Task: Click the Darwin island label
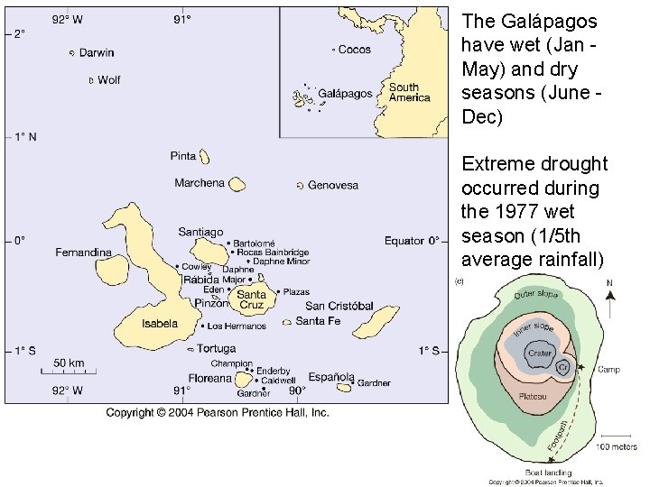coord(97,53)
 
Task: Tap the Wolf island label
coord(108,80)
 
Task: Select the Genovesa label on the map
coord(333,185)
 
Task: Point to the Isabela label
coord(160,324)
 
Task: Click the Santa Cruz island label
coord(252,299)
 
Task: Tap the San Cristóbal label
coord(339,306)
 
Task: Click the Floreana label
coord(210,379)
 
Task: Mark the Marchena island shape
coord(237,184)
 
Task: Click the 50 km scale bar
coord(69,370)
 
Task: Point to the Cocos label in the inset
coord(354,50)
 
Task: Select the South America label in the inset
coord(409,93)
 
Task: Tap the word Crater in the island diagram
coord(539,354)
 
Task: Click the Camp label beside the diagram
coord(608,370)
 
